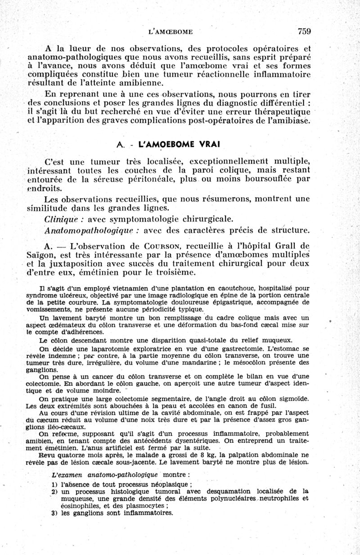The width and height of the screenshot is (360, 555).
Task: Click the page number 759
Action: click(x=304, y=31)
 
